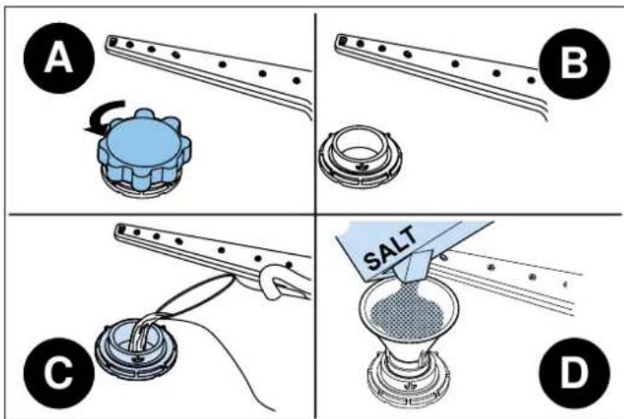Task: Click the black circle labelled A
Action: point(59,58)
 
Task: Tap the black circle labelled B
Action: point(574,63)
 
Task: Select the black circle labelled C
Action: point(59,373)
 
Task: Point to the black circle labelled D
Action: point(574,373)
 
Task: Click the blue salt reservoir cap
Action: point(145,149)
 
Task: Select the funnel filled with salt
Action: point(409,318)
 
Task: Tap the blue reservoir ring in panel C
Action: point(136,350)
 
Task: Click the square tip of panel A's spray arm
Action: point(112,40)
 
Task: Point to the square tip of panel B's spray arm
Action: point(342,40)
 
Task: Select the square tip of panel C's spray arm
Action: point(121,229)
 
